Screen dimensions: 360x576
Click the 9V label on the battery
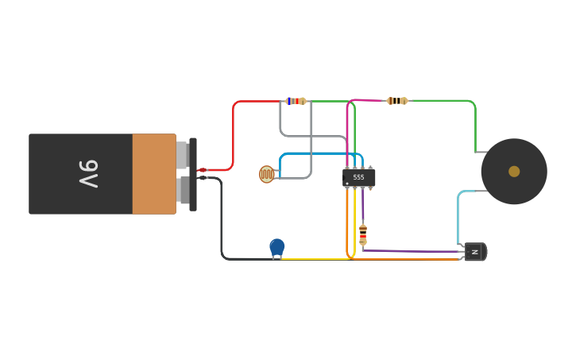click(87, 174)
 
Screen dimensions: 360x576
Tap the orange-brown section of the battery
click(154, 174)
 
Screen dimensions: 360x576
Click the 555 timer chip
click(358, 177)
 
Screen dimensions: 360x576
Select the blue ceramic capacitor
click(276, 247)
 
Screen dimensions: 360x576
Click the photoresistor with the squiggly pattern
click(266, 174)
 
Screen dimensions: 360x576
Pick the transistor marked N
click(474, 252)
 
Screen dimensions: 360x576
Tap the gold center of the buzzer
click(514, 171)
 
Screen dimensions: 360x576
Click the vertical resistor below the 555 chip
click(363, 234)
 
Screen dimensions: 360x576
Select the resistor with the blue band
click(296, 101)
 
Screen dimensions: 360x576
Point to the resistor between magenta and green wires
click(396, 101)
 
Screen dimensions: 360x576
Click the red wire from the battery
click(233, 135)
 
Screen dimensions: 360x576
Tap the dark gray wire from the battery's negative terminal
click(222, 223)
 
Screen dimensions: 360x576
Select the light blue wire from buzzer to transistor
click(458, 215)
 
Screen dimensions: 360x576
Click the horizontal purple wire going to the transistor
click(413, 251)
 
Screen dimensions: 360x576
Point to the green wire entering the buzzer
click(475, 127)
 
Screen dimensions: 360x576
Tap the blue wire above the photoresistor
click(318, 153)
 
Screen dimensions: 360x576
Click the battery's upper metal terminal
click(182, 155)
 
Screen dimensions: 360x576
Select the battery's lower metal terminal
click(184, 190)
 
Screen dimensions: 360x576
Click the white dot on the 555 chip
click(347, 184)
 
